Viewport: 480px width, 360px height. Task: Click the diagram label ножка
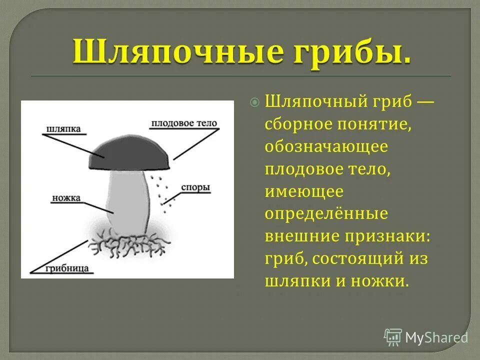66,197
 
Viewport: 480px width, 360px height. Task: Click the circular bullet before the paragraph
255,102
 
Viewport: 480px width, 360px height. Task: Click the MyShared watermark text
436,337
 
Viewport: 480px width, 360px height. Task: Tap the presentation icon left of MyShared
393,337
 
